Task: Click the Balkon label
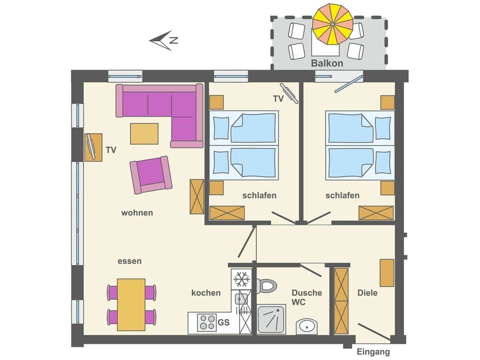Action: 327,63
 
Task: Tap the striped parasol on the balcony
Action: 332,23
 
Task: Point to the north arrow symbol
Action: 164,40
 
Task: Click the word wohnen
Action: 137,213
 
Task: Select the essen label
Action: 129,261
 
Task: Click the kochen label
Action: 205,293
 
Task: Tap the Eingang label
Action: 373,352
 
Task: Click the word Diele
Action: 367,293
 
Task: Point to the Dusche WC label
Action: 306,297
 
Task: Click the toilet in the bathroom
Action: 266,286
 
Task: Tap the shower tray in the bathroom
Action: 271,319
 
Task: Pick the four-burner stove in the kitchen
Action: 207,322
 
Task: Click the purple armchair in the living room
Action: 150,174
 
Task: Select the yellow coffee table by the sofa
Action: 144,133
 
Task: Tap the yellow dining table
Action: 131,304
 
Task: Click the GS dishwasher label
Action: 223,322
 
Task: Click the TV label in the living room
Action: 111,149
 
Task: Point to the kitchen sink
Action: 242,298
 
